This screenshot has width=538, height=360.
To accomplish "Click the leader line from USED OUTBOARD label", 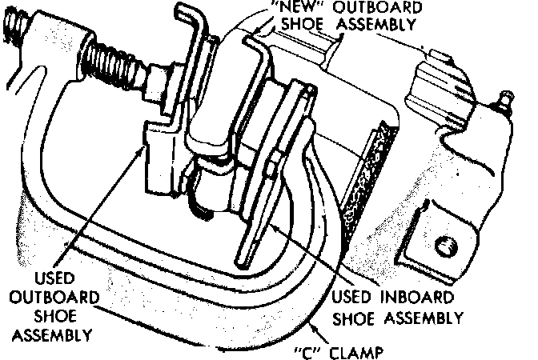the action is (112, 208).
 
